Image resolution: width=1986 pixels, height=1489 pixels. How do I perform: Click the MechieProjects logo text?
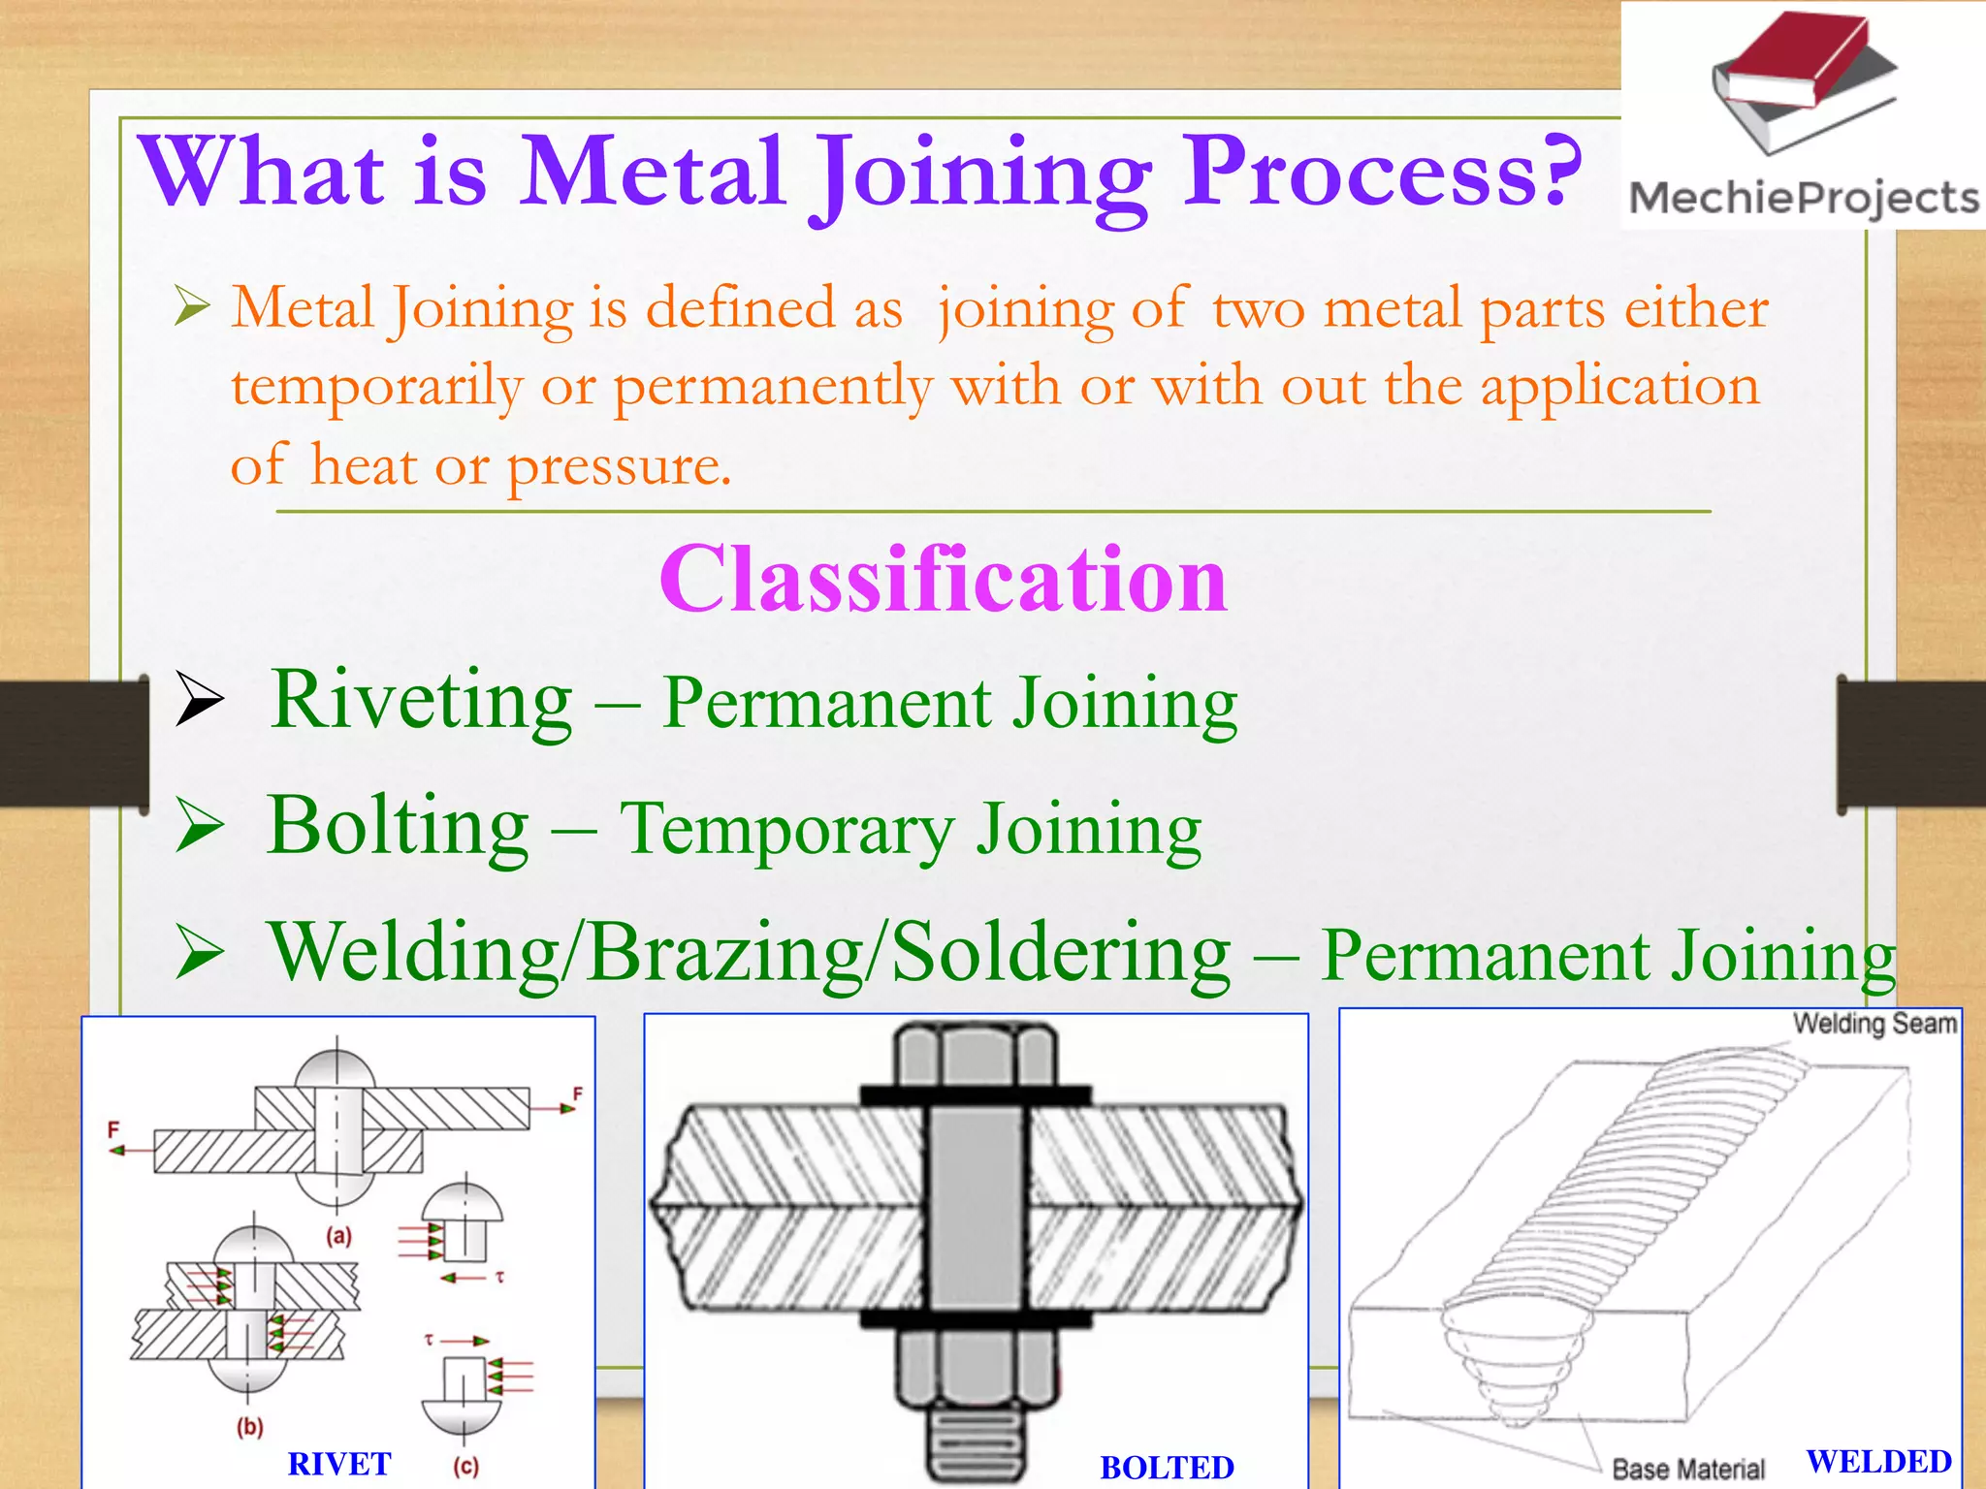[x=1804, y=198]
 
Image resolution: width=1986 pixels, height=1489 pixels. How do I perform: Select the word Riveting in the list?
[x=422, y=700]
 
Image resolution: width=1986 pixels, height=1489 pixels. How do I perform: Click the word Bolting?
[x=399, y=826]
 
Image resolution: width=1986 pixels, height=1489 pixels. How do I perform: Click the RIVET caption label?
[x=339, y=1464]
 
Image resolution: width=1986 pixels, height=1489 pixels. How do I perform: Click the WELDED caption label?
[x=1878, y=1461]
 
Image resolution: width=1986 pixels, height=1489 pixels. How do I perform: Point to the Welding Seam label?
[x=1874, y=1024]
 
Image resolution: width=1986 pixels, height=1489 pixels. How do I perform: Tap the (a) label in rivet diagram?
[x=338, y=1236]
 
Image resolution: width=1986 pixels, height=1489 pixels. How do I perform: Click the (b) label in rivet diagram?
[x=249, y=1427]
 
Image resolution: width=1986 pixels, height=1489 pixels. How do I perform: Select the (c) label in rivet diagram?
[x=465, y=1466]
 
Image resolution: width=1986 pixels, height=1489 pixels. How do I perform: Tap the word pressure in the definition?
[x=619, y=467]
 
